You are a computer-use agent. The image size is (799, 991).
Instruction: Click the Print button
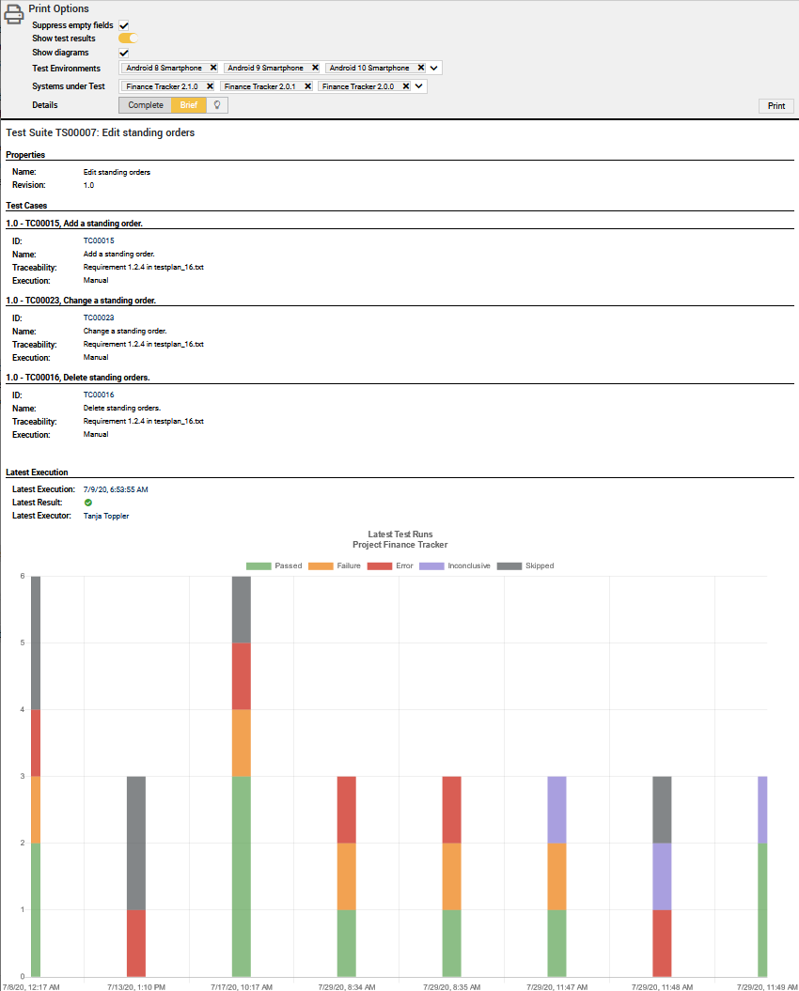(x=775, y=106)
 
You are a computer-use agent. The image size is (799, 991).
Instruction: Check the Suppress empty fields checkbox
(x=124, y=25)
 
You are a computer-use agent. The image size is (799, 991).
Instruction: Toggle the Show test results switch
(x=128, y=39)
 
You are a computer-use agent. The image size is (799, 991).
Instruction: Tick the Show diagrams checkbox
(x=124, y=53)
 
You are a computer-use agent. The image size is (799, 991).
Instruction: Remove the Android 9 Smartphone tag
(x=315, y=68)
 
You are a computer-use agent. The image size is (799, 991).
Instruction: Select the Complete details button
(x=146, y=105)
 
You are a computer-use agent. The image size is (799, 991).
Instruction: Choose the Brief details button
(x=189, y=105)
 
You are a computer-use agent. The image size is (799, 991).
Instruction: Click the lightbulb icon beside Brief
(x=217, y=105)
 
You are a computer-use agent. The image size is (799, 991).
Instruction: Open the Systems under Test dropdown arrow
(x=419, y=86)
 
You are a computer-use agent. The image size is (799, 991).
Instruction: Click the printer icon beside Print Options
(x=14, y=15)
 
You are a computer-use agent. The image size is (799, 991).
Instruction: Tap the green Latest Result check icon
(x=88, y=503)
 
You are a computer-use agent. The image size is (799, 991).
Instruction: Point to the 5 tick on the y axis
(x=22, y=643)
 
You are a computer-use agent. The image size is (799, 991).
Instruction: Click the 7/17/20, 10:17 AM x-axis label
(x=242, y=986)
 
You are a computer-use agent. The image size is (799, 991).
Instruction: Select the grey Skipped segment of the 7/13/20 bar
(x=136, y=843)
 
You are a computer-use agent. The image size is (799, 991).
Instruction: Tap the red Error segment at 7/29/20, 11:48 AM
(x=662, y=943)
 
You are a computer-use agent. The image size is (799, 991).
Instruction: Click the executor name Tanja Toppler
(x=106, y=516)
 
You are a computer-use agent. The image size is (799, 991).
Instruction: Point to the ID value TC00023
(x=99, y=317)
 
